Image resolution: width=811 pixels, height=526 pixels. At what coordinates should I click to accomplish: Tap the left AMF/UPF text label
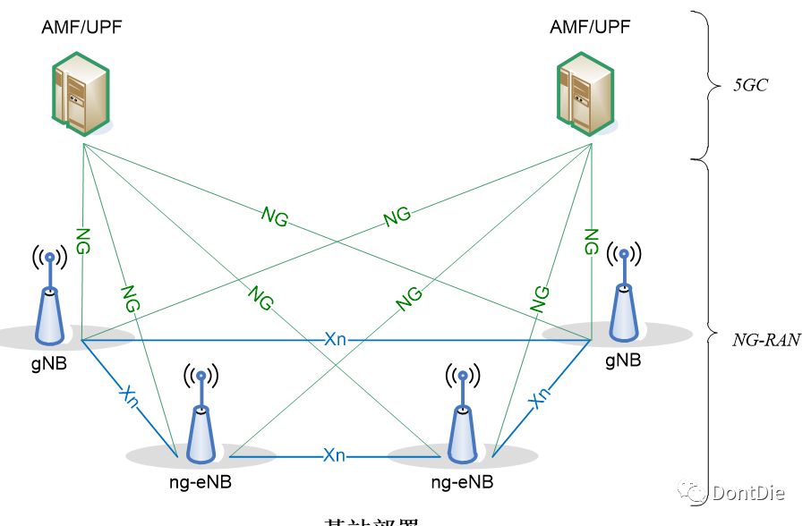81,26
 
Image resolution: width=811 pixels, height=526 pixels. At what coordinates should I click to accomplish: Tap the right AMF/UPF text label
589,26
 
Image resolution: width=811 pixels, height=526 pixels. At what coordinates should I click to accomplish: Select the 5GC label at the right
750,88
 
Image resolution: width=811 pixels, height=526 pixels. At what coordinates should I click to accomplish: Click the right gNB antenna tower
623,295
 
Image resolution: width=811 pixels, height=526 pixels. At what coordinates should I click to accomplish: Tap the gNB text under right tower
623,361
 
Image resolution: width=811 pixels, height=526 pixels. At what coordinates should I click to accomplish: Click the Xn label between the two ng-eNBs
334,455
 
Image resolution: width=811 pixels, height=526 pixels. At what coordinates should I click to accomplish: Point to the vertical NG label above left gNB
82,242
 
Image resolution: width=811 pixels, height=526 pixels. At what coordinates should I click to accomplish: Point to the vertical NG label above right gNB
591,241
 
